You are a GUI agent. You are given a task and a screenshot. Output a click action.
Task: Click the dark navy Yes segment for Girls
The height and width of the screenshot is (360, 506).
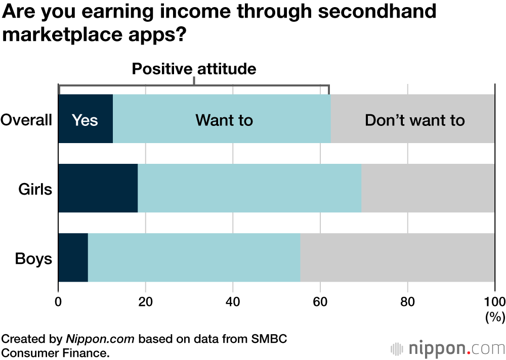98,188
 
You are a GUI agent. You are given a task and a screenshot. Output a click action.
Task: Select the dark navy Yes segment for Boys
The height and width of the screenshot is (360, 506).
73,257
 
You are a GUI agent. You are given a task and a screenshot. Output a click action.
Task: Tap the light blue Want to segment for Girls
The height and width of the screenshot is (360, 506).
249,188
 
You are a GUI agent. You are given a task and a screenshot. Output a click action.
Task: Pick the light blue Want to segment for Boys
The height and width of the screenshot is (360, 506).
194,257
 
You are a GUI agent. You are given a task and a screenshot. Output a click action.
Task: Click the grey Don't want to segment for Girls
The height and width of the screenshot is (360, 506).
428,188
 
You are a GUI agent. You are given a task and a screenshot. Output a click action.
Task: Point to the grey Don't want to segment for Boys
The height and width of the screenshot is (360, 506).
397,257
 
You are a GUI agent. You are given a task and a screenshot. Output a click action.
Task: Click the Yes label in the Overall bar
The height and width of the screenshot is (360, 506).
85,120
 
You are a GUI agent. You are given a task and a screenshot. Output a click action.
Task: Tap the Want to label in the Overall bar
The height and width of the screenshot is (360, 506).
224,120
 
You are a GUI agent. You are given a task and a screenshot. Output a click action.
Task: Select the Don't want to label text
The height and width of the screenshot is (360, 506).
414,120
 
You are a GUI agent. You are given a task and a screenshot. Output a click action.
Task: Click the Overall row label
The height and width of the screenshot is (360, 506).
26,120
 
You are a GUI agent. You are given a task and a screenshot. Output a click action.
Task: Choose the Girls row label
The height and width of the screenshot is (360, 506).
35,189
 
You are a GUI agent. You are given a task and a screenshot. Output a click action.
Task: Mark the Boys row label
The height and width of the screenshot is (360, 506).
33,258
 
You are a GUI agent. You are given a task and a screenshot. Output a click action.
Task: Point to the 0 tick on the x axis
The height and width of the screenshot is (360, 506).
59,302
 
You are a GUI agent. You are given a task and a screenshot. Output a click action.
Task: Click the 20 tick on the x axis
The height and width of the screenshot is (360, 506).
146,302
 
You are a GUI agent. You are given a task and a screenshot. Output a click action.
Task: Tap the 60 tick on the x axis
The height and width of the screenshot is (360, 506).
320,302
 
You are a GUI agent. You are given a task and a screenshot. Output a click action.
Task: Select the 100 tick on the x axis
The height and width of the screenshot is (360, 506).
494,302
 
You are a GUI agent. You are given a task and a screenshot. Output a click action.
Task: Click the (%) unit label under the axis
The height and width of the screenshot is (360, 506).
495,317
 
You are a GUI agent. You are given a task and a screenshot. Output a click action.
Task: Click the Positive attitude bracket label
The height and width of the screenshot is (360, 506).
194,69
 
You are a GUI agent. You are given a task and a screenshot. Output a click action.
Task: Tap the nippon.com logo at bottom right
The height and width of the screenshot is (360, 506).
448,348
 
